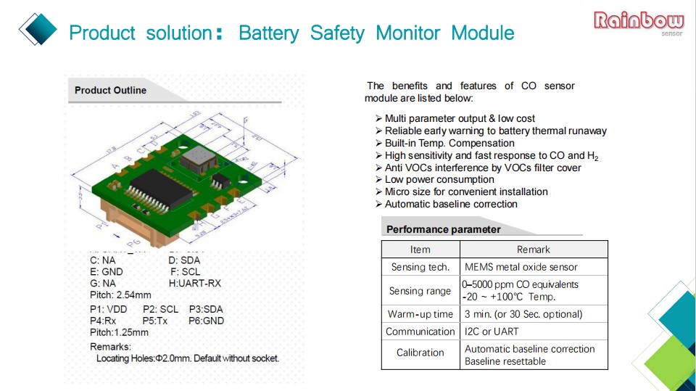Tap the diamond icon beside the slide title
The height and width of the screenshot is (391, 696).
38,28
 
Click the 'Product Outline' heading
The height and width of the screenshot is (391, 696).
110,91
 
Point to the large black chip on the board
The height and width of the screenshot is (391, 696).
158,187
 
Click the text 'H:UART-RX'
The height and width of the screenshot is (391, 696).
194,283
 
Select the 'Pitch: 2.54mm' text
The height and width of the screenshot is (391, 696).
120,295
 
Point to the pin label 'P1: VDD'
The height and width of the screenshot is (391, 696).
109,309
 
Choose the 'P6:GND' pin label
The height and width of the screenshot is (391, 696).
206,321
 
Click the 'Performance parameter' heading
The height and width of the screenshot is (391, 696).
443,229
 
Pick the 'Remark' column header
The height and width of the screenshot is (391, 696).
533,249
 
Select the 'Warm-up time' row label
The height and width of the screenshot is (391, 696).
420,314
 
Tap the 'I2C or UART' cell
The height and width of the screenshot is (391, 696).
492,332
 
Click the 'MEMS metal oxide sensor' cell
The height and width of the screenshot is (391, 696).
521,267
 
